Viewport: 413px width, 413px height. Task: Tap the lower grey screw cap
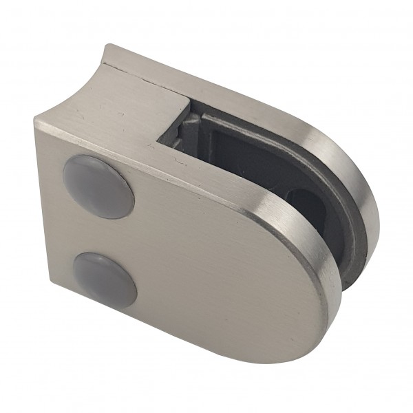103,271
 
